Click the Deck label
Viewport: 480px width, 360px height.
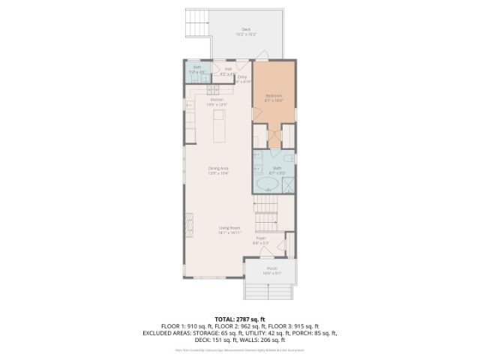(246, 31)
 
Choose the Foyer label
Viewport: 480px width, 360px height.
(261, 240)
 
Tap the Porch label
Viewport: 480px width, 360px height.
(271, 271)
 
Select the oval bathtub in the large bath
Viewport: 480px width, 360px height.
(266, 184)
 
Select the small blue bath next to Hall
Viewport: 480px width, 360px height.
(197, 72)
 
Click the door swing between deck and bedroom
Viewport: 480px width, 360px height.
(262, 55)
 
